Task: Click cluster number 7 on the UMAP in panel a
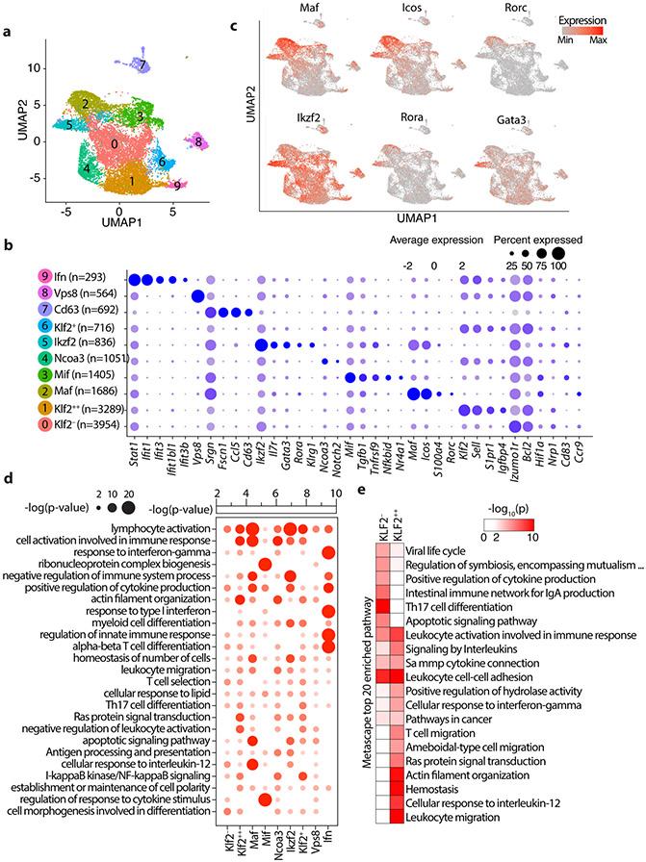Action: click(x=142, y=64)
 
